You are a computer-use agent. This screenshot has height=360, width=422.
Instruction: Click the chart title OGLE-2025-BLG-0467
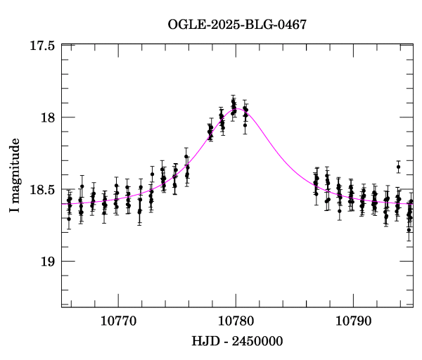pyautogui.click(x=238, y=25)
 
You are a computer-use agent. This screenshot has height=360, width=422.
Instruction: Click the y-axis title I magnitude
pyautogui.click(x=16, y=176)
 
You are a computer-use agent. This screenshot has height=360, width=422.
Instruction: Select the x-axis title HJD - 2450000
pyautogui.click(x=237, y=342)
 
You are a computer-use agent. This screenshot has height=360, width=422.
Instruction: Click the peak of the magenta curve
pyautogui.click(x=238, y=108)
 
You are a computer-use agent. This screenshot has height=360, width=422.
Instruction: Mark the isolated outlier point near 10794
pyautogui.click(x=398, y=167)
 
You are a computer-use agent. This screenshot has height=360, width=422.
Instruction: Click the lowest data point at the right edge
pyautogui.click(x=409, y=229)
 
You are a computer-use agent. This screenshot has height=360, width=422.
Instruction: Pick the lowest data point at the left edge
pyautogui.click(x=69, y=219)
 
